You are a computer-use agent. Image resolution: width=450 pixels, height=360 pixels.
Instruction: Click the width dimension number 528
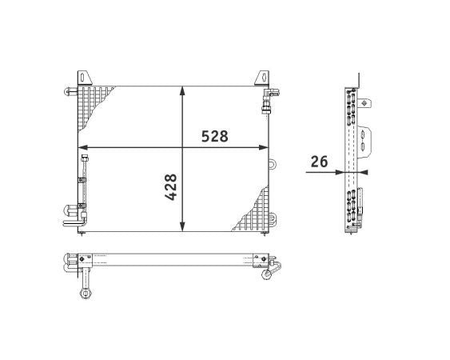tap(214, 136)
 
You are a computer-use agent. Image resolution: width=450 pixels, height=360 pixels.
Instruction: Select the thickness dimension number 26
tap(319, 161)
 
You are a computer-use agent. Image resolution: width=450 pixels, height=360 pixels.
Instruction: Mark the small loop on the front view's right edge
tap(273, 163)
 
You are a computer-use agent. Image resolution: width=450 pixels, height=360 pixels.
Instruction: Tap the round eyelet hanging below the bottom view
tap(84, 294)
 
